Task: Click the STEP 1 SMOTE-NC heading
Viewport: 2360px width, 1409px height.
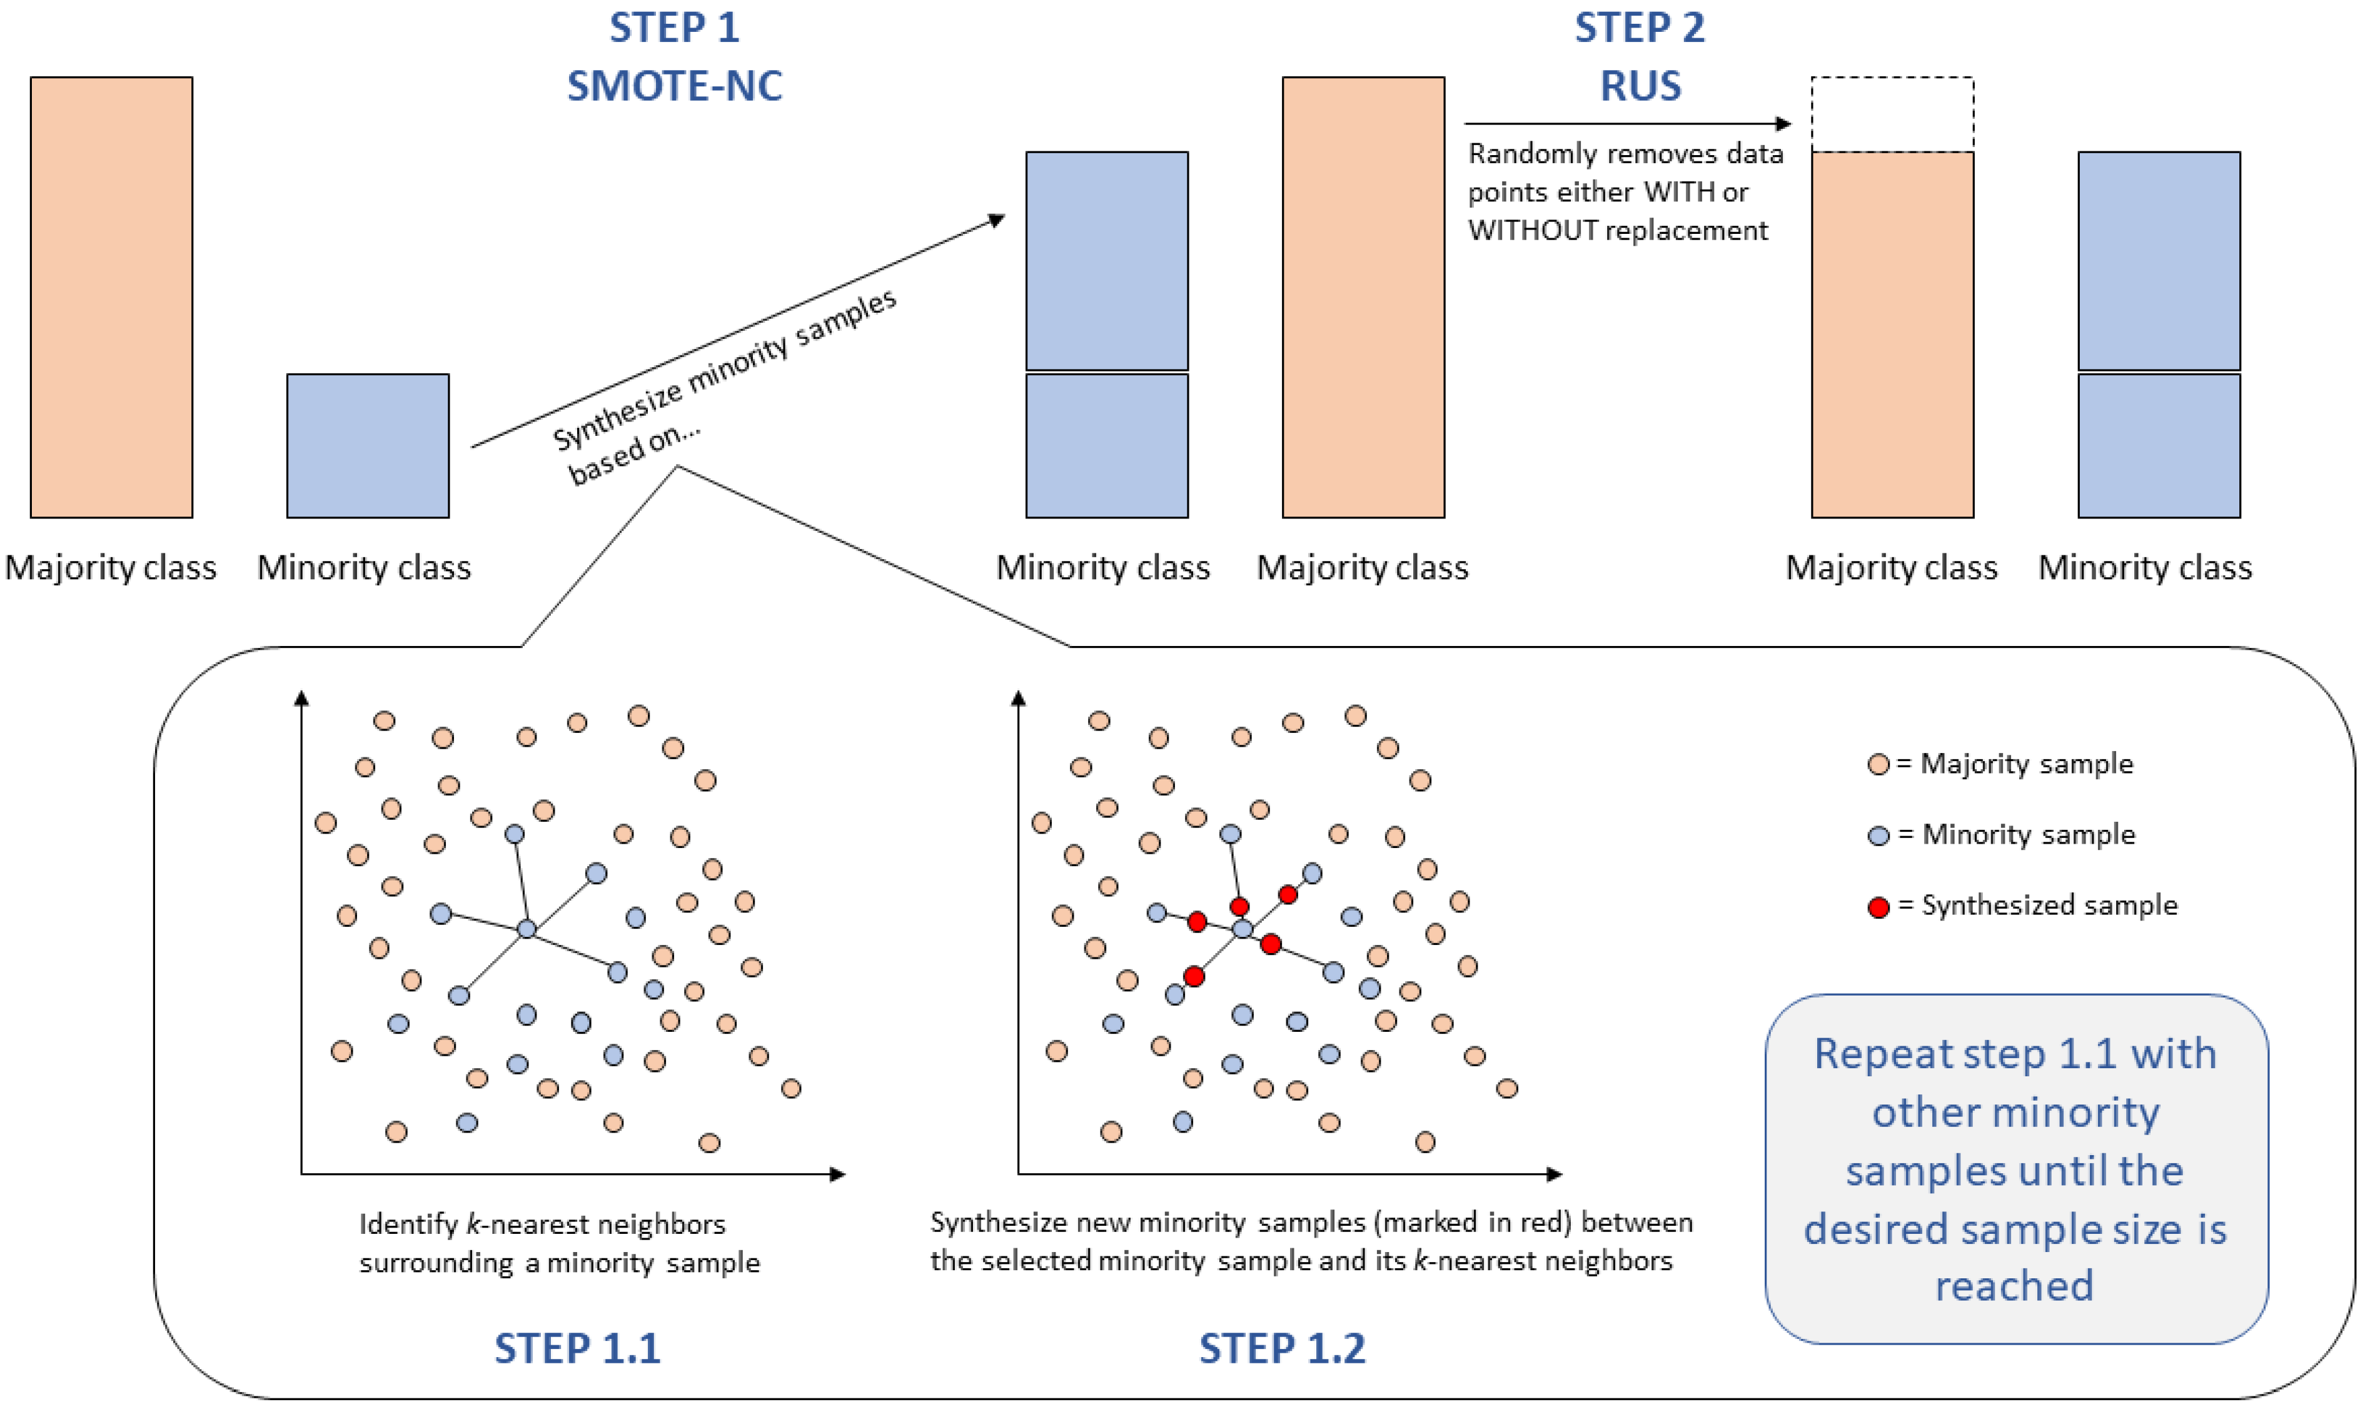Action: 674,57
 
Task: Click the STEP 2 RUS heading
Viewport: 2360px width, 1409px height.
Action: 1640,57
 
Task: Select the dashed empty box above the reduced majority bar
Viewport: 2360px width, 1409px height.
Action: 1892,114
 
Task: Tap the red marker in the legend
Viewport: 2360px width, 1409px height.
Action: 1878,907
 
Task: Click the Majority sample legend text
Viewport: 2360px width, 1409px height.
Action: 2026,764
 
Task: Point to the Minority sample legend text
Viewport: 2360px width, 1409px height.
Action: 2028,834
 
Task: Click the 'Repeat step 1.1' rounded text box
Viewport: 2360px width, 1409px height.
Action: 2015,1169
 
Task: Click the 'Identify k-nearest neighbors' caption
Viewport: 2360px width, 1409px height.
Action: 559,1243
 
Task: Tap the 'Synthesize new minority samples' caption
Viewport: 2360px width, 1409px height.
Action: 1311,1241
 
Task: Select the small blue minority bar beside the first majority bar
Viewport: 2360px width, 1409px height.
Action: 368,445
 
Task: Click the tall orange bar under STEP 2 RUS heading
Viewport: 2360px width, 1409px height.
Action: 1363,296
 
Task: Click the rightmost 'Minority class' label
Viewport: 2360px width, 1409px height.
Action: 2144,568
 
